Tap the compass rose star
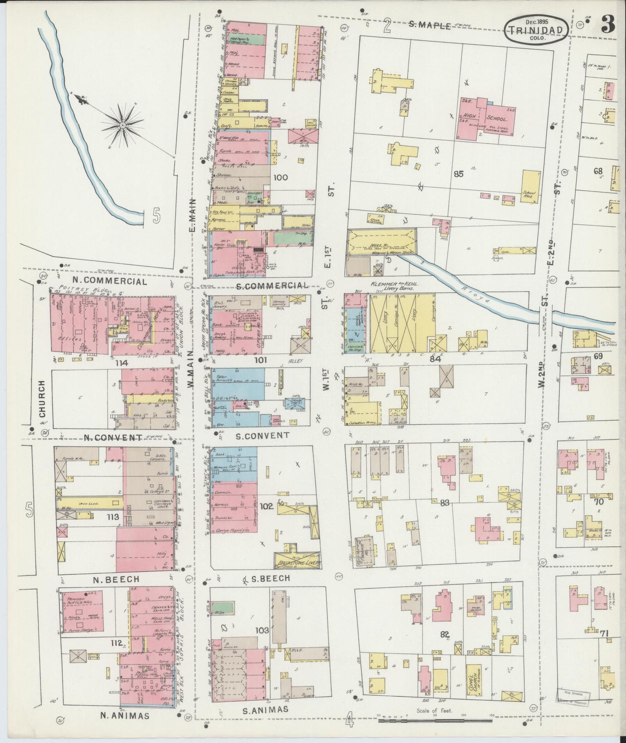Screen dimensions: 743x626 (x=123, y=125)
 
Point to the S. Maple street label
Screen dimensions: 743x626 (x=431, y=26)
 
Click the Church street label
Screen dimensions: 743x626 (x=42, y=402)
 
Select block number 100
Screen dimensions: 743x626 (x=281, y=177)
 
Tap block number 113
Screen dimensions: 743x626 (x=112, y=517)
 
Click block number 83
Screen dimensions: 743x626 (x=444, y=503)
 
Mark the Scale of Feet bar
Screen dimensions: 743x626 (x=435, y=720)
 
